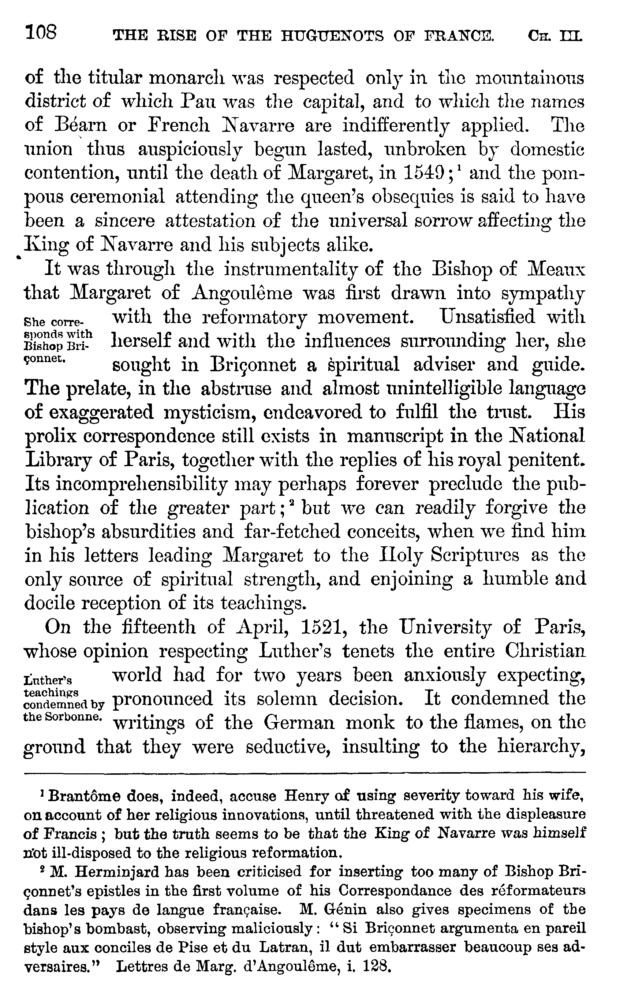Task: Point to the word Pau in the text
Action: (x=195, y=101)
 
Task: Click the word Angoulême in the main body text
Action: (x=242, y=293)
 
